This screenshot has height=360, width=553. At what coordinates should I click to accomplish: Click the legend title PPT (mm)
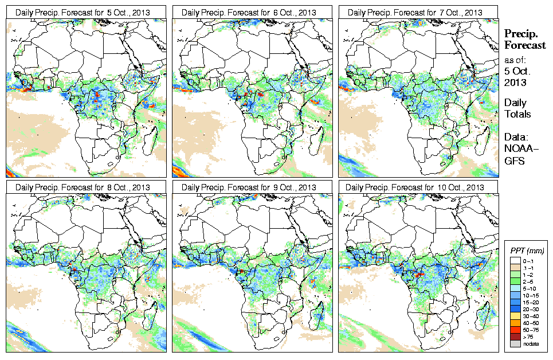pos(527,251)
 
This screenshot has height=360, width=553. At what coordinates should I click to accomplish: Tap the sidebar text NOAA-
pos(518,150)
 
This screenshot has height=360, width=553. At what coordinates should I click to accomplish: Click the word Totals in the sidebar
pos(517,115)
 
